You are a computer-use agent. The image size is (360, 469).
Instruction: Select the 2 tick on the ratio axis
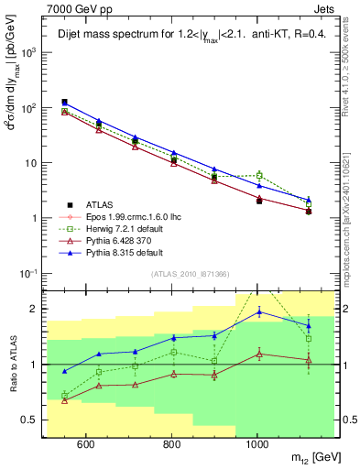click(35, 309)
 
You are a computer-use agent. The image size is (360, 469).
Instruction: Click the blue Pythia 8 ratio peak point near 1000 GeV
click(259, 312)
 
